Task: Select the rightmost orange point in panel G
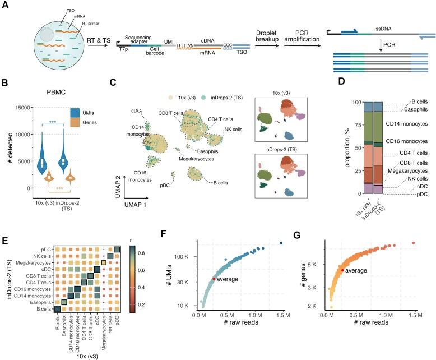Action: coord(413,242)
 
